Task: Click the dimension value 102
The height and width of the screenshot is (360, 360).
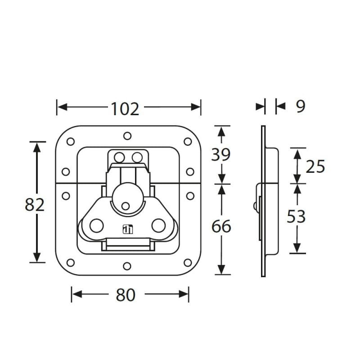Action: click(x=125, y=109)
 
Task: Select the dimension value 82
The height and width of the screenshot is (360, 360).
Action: click(x=35, y=205)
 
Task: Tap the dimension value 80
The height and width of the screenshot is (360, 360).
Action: click(x=126, y=295)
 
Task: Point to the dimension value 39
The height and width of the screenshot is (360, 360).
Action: click(x=221, y=154)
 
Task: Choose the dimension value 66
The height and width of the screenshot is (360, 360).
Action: click(x=221, y=226)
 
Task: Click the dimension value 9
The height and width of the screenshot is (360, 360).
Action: click(x=301, y=106)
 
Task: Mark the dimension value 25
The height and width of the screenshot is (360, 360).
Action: click(x=315, y=166)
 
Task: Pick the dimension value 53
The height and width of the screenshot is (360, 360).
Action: click(x=296, y=216)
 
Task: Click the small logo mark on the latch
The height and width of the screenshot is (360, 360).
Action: click(x=128, y=229)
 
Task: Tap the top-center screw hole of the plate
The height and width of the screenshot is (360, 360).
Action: click(x=127, y=136)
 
